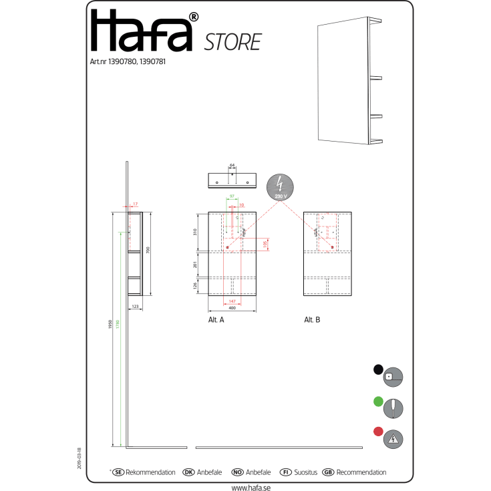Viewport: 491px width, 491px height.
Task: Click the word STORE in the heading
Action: [x=232, y=42]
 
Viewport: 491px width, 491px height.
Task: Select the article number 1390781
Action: [x=151, y=61]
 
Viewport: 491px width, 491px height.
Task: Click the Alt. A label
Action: [x=216, y=320]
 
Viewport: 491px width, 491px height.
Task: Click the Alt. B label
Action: [x=312, y=320]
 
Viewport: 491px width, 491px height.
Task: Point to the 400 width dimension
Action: [x=232, y=309]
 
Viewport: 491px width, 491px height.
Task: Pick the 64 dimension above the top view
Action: [x=232, y=164]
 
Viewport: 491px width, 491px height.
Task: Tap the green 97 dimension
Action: [x=232, y=196]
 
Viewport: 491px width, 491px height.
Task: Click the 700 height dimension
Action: [x=148, y=250]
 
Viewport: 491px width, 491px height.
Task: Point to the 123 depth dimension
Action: [x=134, y=307]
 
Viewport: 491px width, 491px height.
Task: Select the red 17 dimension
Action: [x=135, y=204]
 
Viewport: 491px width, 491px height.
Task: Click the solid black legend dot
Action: [x=378, y=369]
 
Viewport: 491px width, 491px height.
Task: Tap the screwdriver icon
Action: [x=393, y=407]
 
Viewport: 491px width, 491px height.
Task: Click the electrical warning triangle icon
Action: [x=393, y=439]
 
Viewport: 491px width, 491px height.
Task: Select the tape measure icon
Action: [x=393, y=377]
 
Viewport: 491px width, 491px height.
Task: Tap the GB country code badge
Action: [x=328, y=472]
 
